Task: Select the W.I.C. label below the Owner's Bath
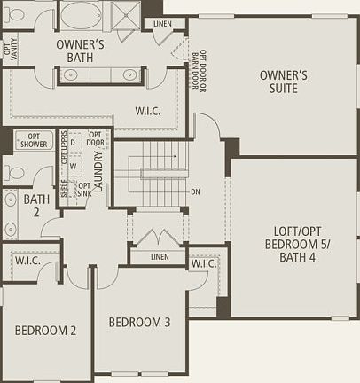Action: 146,111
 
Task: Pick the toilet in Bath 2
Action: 15,171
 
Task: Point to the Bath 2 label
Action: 36,206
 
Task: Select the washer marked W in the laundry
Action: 74,164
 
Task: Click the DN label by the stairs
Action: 194,191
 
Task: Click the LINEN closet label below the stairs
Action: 160,257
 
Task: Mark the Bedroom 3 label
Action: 139,322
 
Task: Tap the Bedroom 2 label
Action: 45,331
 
